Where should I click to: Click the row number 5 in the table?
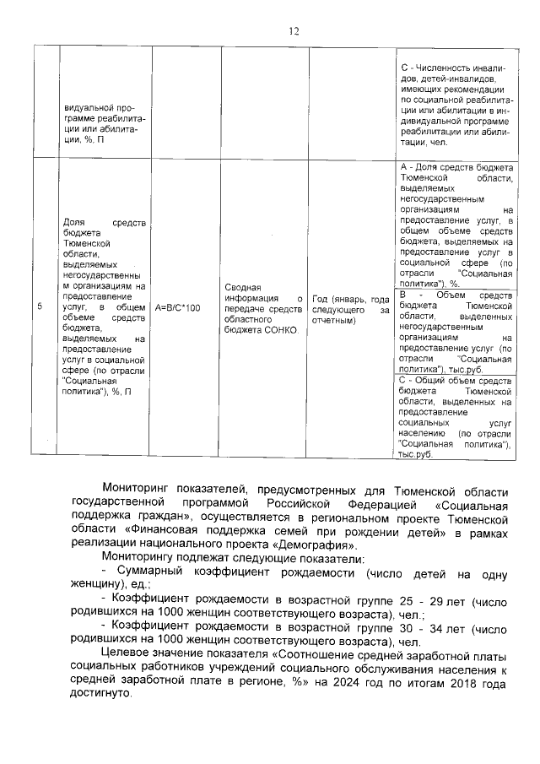click(x=40, y=307)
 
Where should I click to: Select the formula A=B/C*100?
click(x=177, y=308)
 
